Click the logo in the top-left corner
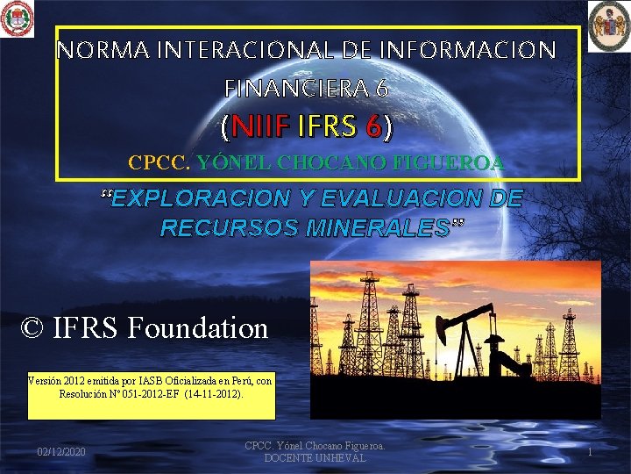click(x=17, y=18)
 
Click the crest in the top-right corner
click(x=609, y=24)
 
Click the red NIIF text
click(x=261, y=128)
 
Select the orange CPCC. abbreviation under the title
click(x=160, y=162)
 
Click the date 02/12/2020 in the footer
click(x=61, y=451)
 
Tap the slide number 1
click(x=590, y=451)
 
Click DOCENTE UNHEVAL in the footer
click(x=315, y=459)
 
